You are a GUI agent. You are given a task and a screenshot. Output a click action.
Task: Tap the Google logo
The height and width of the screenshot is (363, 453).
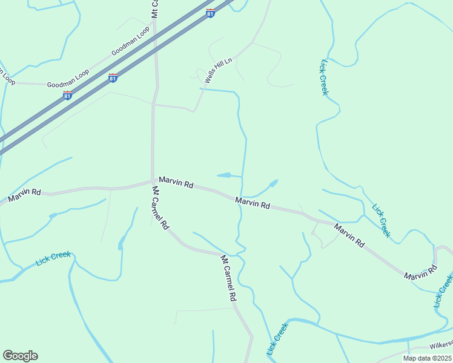(x=20, y=356)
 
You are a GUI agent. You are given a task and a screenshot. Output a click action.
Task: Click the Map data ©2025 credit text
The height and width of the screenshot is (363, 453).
(x=427, y=358)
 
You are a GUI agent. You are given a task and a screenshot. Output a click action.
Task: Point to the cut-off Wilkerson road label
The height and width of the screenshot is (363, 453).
(x=441, y=344)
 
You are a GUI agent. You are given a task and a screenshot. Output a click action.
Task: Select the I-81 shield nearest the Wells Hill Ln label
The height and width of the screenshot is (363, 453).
(x=210, y=13)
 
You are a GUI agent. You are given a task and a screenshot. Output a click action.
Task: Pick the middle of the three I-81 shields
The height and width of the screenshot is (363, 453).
(x=113, y=77)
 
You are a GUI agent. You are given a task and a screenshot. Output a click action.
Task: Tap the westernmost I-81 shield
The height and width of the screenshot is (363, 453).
(x=67, y=96)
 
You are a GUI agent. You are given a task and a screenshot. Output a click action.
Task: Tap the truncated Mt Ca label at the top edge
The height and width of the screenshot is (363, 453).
(x=155, y=8)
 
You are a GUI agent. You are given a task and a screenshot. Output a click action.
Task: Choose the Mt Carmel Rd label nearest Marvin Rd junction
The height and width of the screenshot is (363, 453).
(x=160, y=208)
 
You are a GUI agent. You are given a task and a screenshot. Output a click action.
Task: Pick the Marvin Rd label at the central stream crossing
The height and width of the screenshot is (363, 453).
(x=253, y=203)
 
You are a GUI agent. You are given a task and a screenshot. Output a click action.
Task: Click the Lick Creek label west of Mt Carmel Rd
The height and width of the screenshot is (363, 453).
(x=53, y=258)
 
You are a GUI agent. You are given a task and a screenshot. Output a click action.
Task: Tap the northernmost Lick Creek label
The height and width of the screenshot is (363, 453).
(x=323, y=77)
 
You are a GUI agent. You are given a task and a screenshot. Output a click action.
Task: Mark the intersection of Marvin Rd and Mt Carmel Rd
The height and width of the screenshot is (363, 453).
(x=152, y=180)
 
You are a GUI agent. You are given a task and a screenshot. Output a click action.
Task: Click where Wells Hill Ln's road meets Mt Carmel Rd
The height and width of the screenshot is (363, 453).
(x=155, y=105)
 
